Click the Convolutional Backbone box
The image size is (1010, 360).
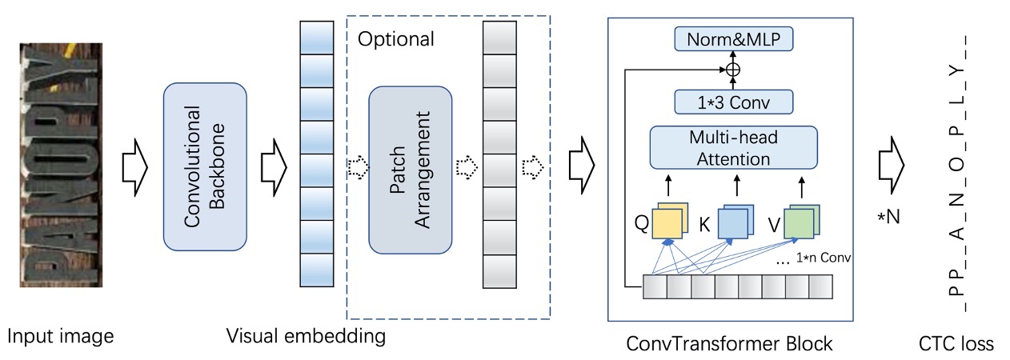point(206,165)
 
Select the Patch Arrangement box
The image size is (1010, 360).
point(411,170)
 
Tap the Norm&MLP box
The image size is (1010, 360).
point(733,38)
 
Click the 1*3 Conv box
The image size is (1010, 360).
point(733,102)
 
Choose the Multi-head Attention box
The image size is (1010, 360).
point(733,148)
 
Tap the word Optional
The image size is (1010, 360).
point(395,38)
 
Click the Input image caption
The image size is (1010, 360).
point(61,336)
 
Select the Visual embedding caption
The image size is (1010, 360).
point(306,336)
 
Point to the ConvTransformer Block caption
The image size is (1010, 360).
point(730,344)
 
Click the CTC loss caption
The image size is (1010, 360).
point(956,344)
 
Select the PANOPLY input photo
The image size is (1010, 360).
point(61,165)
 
